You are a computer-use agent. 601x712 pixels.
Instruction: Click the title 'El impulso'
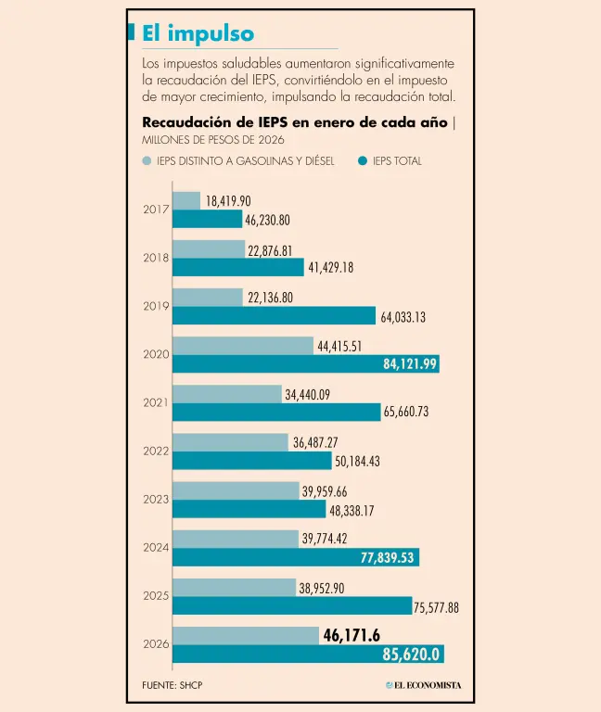tap(198, 34)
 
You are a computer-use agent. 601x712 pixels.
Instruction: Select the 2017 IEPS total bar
tap(207, 220)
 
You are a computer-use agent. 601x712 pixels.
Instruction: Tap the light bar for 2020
tap(243, 346)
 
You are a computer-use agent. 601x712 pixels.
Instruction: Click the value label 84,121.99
tap(409, 364)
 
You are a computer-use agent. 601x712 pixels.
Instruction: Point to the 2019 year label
tap(155, 306)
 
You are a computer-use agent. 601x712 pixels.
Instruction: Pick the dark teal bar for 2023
tap(249, 509)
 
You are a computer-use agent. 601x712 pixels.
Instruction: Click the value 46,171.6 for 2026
tap(352, 635)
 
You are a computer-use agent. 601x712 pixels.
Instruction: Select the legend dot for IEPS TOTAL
tap(363, 161)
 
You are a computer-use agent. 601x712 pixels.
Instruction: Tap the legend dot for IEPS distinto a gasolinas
tap(147, 161)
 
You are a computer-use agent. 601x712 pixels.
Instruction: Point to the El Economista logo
tap(423, 685)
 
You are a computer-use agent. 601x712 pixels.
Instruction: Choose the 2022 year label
tap(155, 451)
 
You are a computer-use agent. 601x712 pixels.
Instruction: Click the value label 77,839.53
tap(389, 557)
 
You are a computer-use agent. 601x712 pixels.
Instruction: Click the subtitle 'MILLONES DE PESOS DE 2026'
tap(213, 140)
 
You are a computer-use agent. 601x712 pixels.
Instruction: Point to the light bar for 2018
tap(209, 249)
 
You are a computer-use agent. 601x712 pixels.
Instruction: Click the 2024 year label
tap(155, 547)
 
